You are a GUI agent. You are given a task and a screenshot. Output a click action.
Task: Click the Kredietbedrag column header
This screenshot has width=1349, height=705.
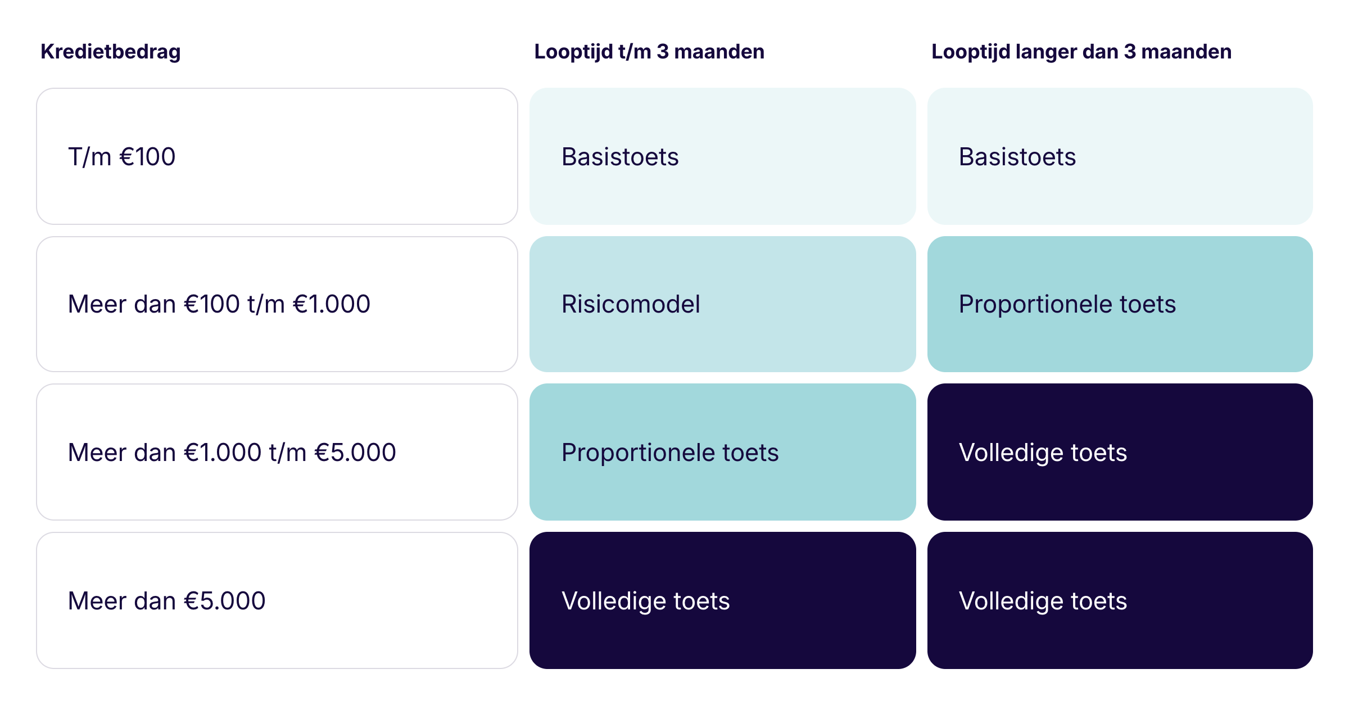111,52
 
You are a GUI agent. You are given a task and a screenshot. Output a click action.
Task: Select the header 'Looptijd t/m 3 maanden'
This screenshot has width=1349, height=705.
649,52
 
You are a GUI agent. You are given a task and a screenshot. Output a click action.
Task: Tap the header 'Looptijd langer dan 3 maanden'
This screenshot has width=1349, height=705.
1081,52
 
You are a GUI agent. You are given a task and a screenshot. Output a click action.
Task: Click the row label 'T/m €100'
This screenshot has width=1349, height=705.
121,156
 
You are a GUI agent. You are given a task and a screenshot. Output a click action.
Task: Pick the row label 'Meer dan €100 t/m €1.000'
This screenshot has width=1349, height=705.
219,304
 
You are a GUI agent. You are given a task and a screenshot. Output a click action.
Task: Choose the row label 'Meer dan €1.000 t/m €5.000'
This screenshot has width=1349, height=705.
232,453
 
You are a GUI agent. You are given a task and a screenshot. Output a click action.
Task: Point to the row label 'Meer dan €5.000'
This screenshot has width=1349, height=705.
167,601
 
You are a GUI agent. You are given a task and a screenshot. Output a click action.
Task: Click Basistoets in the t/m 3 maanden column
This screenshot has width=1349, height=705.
620,156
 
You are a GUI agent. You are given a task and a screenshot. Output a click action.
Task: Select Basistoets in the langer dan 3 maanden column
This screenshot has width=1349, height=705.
1017,156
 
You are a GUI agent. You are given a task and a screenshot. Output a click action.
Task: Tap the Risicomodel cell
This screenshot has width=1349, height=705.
631,304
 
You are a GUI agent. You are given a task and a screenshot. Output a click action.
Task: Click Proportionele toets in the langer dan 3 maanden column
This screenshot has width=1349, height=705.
1067,304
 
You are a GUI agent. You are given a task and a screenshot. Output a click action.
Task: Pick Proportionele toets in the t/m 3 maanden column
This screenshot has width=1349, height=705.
670,453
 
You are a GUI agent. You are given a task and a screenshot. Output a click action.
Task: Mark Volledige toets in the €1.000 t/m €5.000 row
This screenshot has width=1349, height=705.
1043,453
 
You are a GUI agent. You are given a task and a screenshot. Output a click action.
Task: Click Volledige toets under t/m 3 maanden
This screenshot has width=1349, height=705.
646,601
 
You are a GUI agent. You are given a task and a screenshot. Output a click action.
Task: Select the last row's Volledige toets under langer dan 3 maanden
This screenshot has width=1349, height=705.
1043,601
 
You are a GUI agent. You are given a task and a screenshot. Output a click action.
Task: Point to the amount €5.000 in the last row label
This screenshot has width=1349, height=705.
225,601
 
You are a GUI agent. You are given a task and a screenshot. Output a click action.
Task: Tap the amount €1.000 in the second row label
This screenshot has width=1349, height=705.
332,304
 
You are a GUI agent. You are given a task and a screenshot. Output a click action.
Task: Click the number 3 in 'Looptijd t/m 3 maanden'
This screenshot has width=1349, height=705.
663,52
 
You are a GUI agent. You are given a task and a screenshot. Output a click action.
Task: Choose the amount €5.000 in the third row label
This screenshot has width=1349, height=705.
355,453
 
